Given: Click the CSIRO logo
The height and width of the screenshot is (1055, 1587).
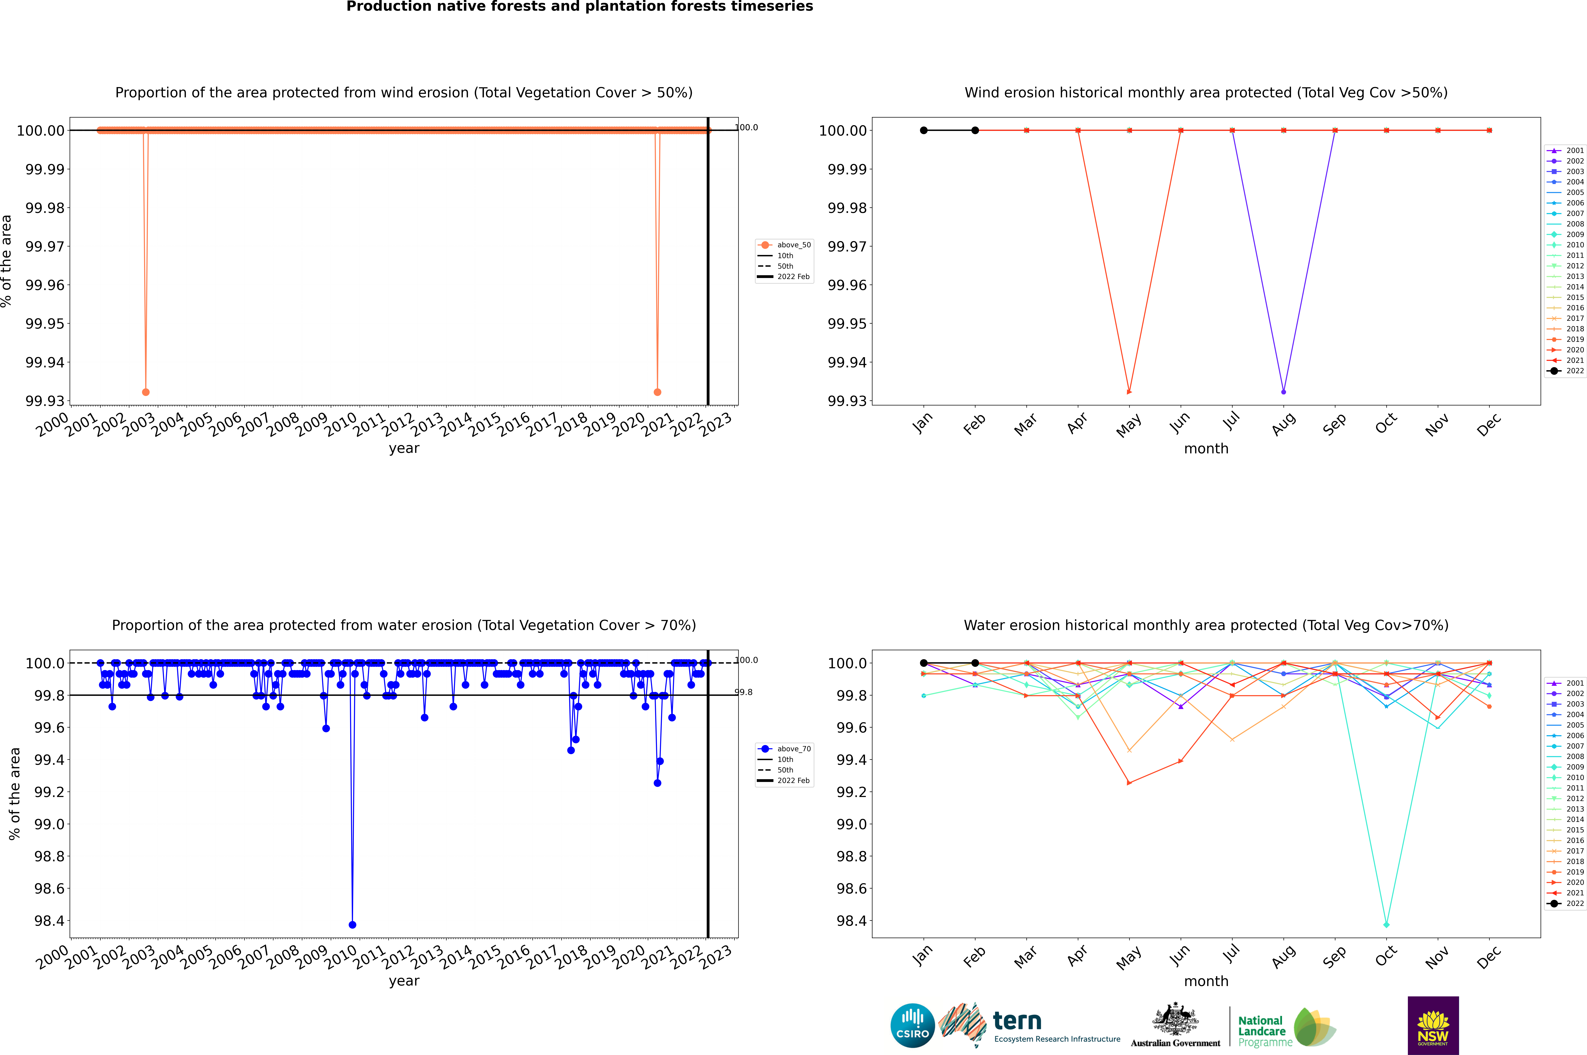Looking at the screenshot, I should (x=912, y=1025).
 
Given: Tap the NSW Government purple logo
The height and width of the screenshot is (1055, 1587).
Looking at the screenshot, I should (x=1433, y=1025).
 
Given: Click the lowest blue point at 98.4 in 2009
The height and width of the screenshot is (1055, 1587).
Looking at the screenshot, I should (x=353, y=924).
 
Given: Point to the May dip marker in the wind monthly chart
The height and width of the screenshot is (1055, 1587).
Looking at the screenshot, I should (x=1129, y=392).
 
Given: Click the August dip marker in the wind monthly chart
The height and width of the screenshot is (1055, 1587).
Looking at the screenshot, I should (x=1284, y=392).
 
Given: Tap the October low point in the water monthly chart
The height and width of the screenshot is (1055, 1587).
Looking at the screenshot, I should (x=1386, y=924).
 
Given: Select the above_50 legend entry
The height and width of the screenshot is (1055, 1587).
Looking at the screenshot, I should (x=785, y=245).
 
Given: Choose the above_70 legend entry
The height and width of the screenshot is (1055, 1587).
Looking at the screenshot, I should (x=785, y=749).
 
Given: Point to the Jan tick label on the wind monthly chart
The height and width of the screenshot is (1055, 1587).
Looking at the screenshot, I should (x=922, y=422).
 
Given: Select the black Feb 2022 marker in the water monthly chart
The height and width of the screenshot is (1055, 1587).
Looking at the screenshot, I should (x=975, y=663).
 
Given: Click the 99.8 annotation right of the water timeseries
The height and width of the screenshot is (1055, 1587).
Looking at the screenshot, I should (x=743, y=692).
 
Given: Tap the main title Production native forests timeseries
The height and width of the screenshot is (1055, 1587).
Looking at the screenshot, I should (x=579, y=7).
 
